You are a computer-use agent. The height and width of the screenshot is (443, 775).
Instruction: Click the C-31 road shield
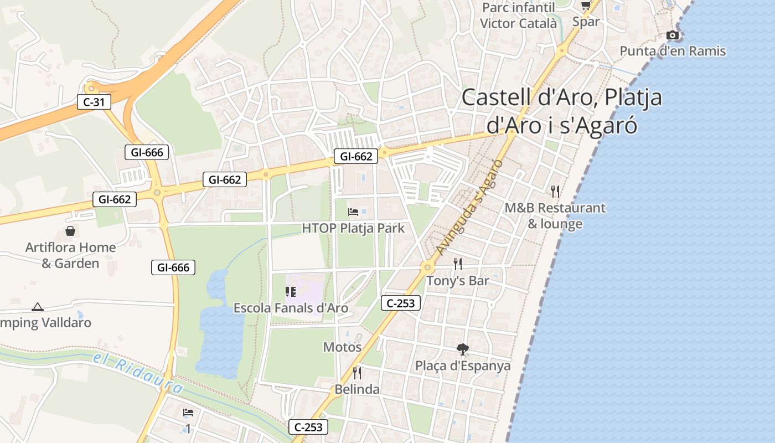(94, 102)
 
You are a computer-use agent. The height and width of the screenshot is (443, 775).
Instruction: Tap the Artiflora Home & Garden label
(70, 255)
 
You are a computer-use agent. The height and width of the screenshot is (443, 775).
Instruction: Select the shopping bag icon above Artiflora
(70, 230)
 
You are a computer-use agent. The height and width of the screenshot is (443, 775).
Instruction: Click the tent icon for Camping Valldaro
(38, 307)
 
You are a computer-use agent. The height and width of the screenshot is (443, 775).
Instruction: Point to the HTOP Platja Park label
(353, 228)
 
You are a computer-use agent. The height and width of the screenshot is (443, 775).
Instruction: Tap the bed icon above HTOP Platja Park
(353, 212)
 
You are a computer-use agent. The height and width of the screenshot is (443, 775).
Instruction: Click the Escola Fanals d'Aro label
(291, 308)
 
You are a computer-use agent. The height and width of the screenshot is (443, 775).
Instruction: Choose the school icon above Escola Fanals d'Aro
(291, 291)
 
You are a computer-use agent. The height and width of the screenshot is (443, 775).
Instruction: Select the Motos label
(342, 347)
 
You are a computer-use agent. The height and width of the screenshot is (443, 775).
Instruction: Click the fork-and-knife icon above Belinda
(357, 373)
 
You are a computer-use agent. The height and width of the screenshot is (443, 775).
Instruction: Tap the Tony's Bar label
(457, 281)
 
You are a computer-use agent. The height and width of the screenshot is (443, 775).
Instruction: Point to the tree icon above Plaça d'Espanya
(463, 349)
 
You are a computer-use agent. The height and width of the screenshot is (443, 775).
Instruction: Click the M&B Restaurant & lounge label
(555, 216)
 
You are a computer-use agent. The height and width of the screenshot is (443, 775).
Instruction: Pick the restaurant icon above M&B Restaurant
(555, 192)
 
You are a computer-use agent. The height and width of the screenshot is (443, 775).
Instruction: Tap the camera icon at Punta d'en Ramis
(673, 35)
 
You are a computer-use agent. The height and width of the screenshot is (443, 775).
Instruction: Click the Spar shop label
(586, 22)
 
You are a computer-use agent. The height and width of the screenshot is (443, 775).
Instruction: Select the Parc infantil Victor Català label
(518, 16)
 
